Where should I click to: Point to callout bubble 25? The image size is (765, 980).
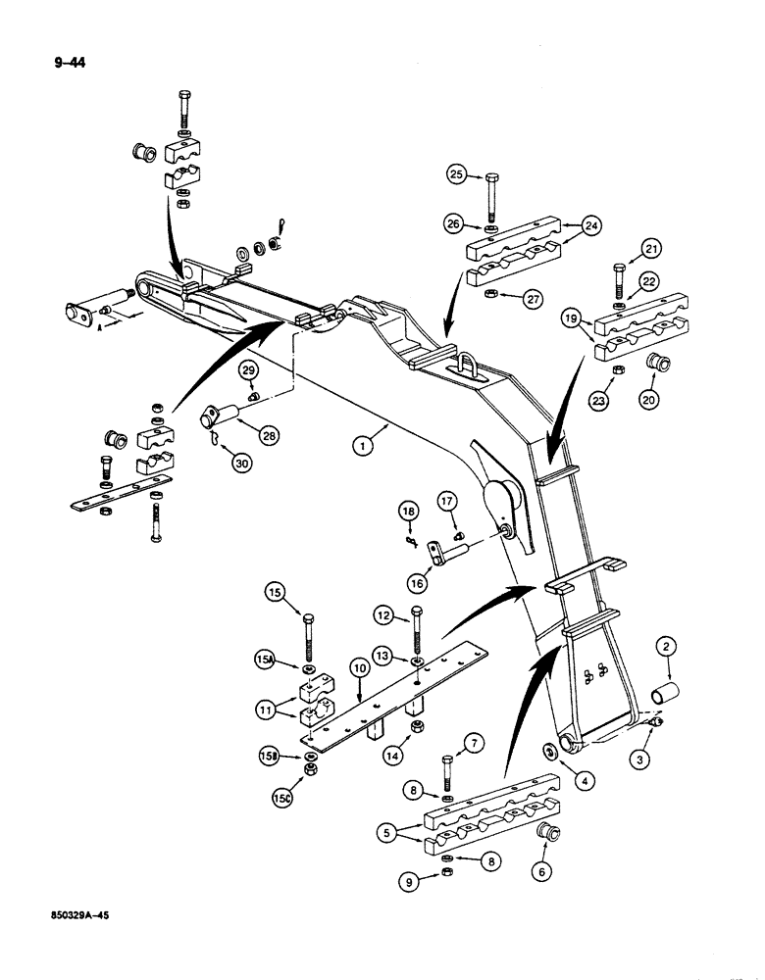tap(457, 175)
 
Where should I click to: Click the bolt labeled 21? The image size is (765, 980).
tap(619, 270)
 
